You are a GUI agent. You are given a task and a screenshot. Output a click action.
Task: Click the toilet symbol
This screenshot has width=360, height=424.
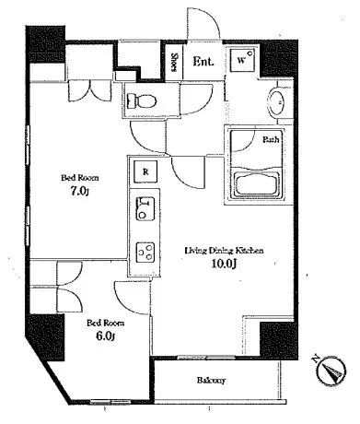[142, 100]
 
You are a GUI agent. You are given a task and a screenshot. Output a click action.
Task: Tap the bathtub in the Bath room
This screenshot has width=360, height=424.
[257, 184]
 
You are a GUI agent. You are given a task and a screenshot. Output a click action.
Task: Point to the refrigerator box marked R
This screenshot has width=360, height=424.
[145, 171]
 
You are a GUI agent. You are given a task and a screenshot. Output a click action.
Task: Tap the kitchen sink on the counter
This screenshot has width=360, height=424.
[145, 209]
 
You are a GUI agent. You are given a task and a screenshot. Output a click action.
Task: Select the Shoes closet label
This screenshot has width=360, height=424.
[174, 63]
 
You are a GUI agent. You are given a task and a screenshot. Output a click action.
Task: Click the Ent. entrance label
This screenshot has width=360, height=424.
[203, 62]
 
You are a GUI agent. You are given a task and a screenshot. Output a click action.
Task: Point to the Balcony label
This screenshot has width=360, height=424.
[211, 381]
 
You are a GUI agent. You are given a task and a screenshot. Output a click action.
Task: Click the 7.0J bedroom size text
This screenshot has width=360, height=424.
[79, 192]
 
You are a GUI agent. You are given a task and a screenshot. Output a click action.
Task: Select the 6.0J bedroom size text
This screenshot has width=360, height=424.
[106, 336]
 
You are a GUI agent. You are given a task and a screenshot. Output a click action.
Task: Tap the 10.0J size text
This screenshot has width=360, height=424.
[224, 264]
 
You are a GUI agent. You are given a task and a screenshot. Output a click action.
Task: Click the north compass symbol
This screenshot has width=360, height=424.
[331, 370]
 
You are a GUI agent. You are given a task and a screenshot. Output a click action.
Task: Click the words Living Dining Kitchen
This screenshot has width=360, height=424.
[224, 251]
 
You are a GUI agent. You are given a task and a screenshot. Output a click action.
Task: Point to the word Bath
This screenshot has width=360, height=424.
[271, 140]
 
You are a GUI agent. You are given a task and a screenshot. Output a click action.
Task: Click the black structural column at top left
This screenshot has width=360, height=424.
[46, 45]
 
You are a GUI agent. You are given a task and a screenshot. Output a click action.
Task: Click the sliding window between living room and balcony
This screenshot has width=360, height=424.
[206, 358]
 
